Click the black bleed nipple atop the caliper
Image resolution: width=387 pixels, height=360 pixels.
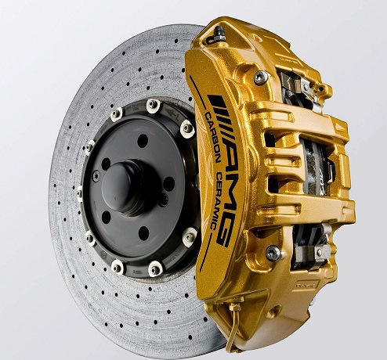tap(217, 36)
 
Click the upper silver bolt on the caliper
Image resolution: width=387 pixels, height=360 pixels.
tap(261, 77)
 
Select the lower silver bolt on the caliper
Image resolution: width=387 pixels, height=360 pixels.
tap(273, 253)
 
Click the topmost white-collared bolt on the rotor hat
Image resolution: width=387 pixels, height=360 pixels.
tap(153, 106)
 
